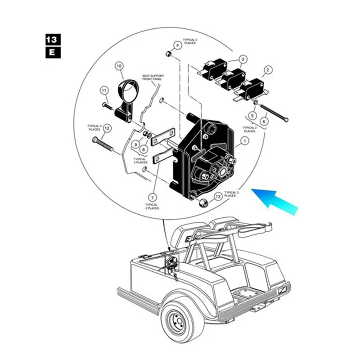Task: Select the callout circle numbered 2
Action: pyautogui.click(x=268, y=70)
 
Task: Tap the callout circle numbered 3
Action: pyautogui.click(x=243, y=59)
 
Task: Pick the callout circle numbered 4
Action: pyautogui.click(x=177, y=45)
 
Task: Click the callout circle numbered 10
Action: pyautogui.click(x=119, y=66)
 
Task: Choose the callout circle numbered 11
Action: pyautogui.click(x=104, y=91)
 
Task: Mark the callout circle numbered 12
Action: pyautogui.click(x=107, y=128)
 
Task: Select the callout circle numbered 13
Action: pyautogui.click(x=218, y=196)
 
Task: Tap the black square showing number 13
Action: pyautogui.click(x=52, y=38)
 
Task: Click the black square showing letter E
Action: pyautogui.click(x=52, y=52)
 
